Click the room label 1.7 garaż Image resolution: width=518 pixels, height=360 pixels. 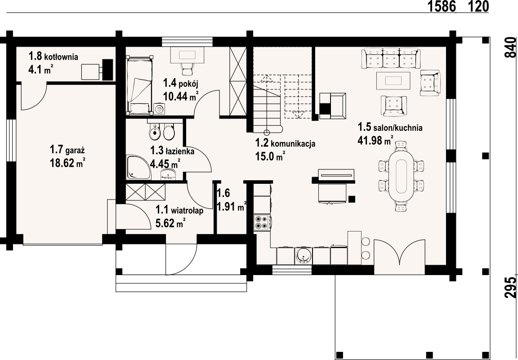pyautogui.click(x=67, y=150)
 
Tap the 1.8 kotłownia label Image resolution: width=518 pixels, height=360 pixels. pyautogui.click(x=53, y=57)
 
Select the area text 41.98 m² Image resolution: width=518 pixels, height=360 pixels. pyautogui.click(x=375, y=141)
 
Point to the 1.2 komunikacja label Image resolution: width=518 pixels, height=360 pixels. pyautogui.click(x=285, y=143)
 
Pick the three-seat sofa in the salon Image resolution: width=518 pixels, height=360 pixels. pyautogui.click(x=391, y=58)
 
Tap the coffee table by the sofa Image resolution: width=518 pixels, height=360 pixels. pyautogui.click(x=393, y=80)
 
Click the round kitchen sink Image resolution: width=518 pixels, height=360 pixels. pyautogui.click(x=303, y=256)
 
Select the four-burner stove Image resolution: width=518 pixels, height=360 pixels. pyautogui.click(x=262, y=222)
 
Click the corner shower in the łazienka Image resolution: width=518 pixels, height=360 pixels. pyautogui.click(x=138, y=168)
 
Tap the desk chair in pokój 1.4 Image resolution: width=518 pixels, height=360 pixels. pyautogui.click(x=187, y=68)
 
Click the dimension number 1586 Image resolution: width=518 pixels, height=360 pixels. pyautogui.click(x=442, y=6)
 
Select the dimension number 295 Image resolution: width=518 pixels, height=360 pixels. pyautogui.click(x=510, y=287)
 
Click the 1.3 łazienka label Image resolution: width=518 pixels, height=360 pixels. pyautogui.click(x=172, y=151)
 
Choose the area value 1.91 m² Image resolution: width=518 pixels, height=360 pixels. pyautogui.click(x=232, y=206)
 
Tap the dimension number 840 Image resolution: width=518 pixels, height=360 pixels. pyautogui.click(x=510, y=48)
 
